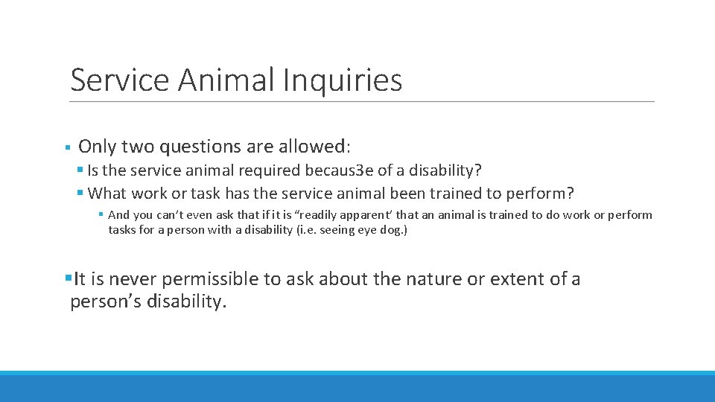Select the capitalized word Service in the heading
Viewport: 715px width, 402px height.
click(119, 80)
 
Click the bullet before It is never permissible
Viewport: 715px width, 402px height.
click(69, 279)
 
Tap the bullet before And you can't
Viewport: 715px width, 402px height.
click(101, 215)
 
